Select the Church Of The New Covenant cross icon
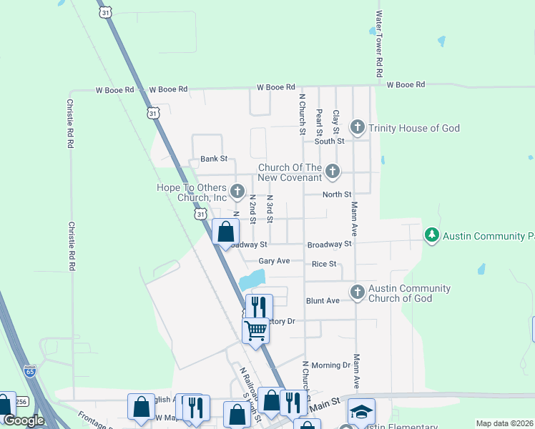pyautogui.click(x=332, y=172)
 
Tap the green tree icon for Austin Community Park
pyautogui.click(x=431, y=235)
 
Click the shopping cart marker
pyautogui.click(x=255, y=330)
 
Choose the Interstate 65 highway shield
pyautogui.click(x=29, y=371)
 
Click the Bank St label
pyautogui.click(x=213, y=159)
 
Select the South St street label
pyautogui.click(x=330, y=141)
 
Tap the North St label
pyautogui.click(x=337, y=194)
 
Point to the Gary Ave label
pyautogui.click(x=274, y=262)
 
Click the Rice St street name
pyautogui.click(x=324, y=264)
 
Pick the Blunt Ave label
pyautogui.click(x=323, y=301)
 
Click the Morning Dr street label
pyautogui.click(x=331, y=365)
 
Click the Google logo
pyautogui.click(x=24, y=420)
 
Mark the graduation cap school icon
pyautogui.click(x=361, y=411)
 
